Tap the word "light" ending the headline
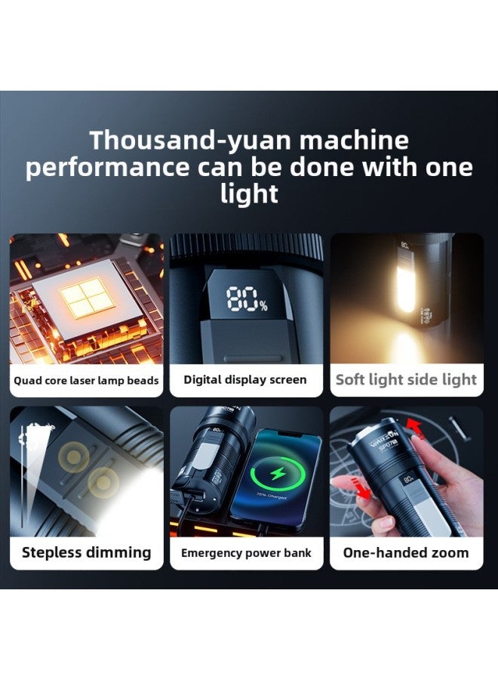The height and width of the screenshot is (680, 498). pos(249,193)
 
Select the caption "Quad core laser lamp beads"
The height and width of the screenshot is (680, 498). pos(86,380)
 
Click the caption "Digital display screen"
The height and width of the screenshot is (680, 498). pos(245,379)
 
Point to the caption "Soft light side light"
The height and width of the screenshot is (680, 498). pos(406,379)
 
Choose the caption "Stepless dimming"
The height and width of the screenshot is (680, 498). pos(86,552)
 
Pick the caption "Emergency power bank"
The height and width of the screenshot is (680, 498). pos(246,553)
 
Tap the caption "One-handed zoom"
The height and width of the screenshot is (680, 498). pos(406,552)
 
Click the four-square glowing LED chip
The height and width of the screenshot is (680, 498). pos(88,296)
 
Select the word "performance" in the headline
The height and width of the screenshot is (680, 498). pos(107,167)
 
